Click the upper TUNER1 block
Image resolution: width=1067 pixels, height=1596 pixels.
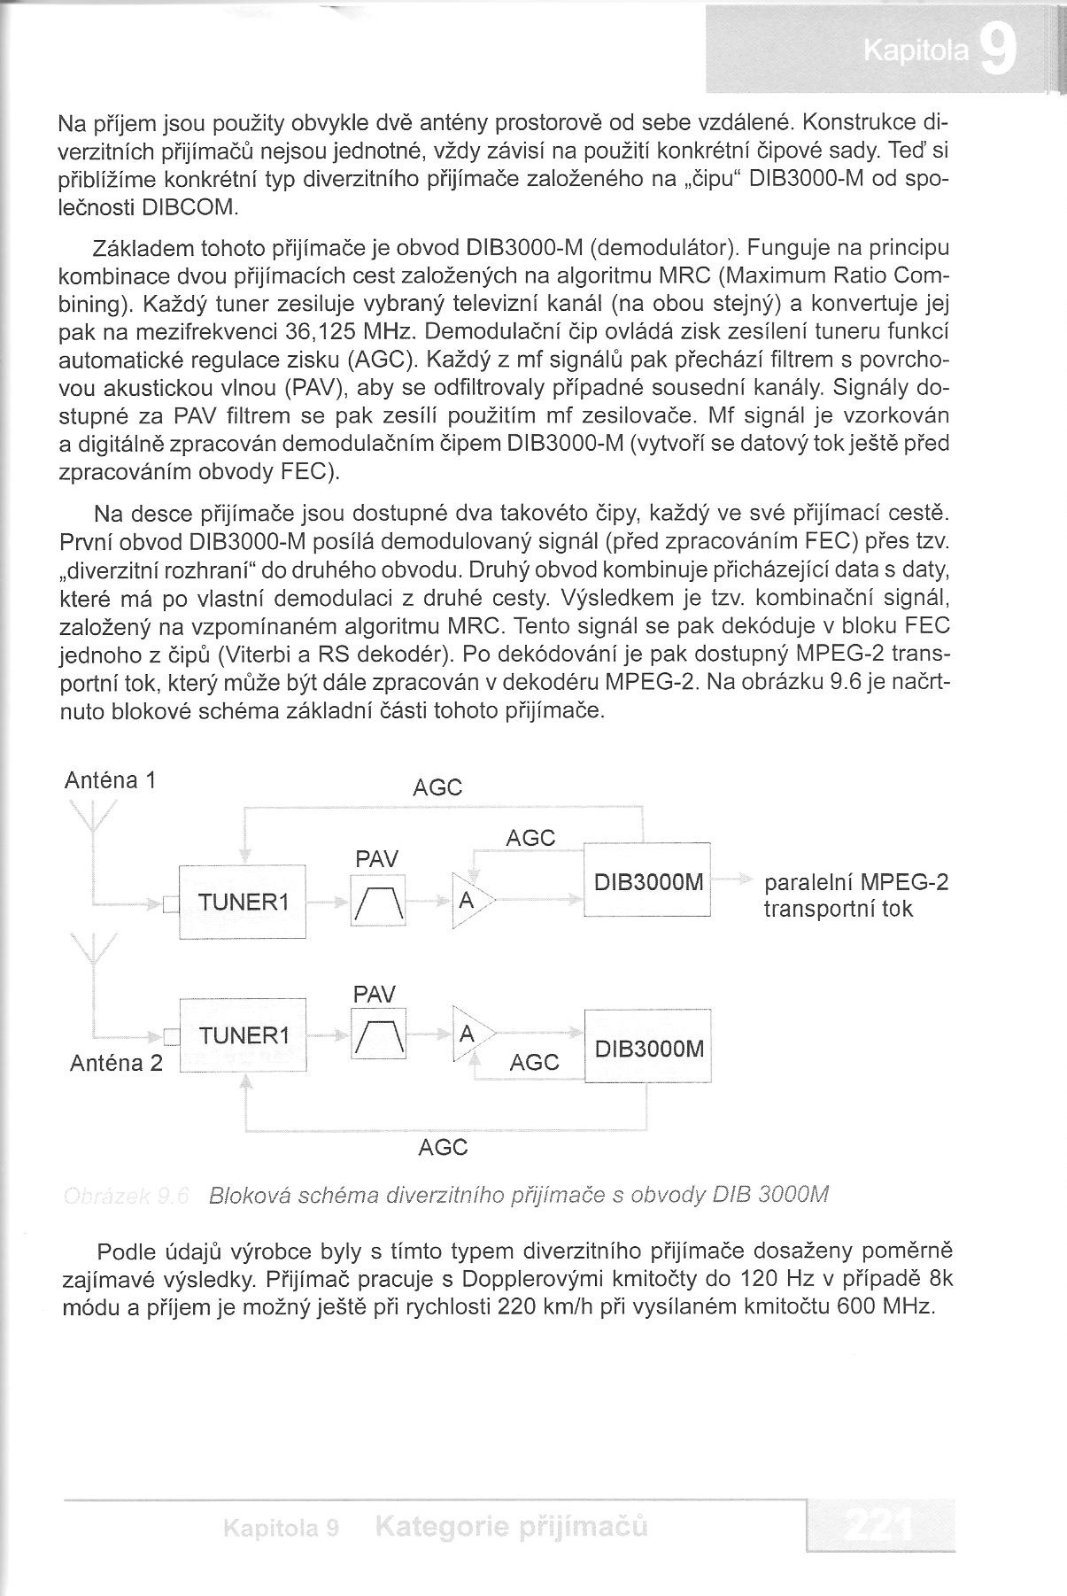point(243,903)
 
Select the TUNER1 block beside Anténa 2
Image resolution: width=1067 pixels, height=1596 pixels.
point(243,1035)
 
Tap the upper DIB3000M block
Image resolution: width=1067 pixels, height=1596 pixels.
point(647,883)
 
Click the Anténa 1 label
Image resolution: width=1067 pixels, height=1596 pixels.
point(111,780)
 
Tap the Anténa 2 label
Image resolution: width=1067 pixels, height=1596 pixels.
point(116,1063)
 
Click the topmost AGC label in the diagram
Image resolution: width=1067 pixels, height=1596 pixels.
point(437,787)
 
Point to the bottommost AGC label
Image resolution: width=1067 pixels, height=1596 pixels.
point(443,1148)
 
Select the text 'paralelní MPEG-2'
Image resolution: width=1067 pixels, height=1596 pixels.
point(855,884)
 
